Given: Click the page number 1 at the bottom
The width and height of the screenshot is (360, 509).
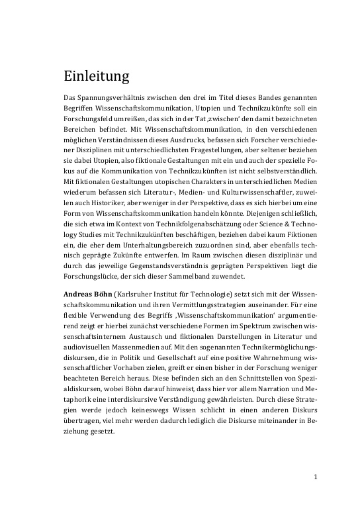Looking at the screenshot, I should pyautogui.click(x=316, y=477).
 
